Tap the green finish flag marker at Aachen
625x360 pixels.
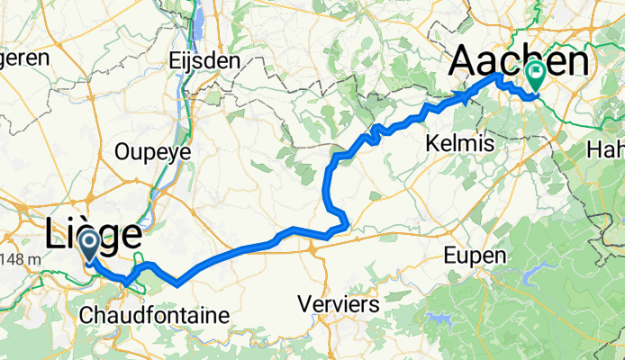tap(536, 73)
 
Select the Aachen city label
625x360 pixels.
tap(520, 60)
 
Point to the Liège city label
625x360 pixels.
tap(93, 236)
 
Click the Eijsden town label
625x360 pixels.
tap(204, 61)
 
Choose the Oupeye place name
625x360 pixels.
tap(152, 152)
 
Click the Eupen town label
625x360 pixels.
tap(476, 256)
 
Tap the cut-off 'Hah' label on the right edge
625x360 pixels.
tap(607, 148)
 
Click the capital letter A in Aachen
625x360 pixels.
tap(465, 60)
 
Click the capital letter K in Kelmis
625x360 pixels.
tap(430, 143)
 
